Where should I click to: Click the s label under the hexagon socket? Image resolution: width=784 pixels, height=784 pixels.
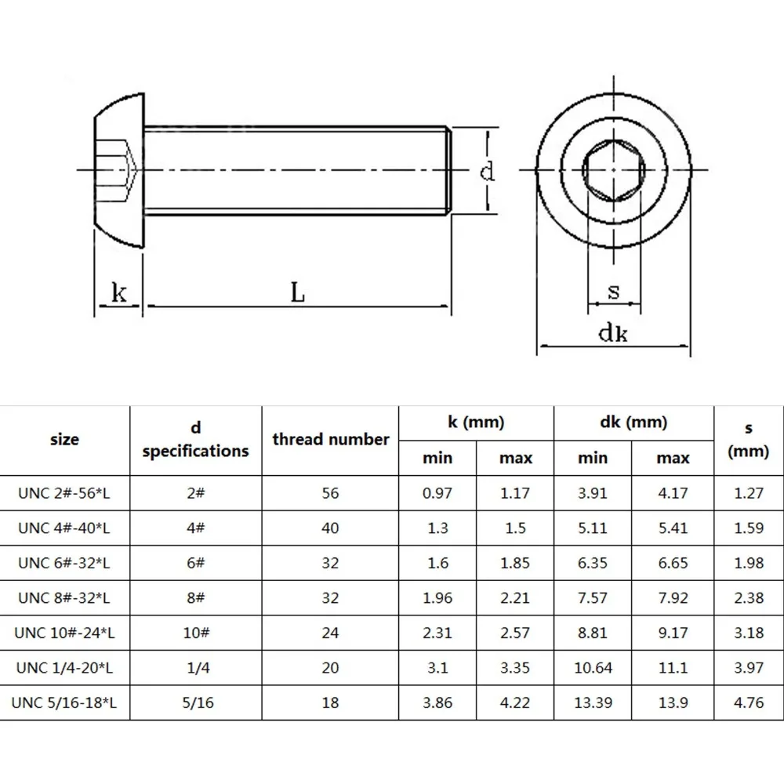(x=614, y=292)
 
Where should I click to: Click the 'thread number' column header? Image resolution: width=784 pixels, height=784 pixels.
(x=330, y=439)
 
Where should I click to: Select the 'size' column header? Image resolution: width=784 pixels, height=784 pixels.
(x=64, y=440)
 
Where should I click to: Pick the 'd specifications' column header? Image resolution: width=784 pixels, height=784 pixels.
(x=196, y=439)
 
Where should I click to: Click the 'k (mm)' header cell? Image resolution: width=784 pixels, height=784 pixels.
(x=476, y=423)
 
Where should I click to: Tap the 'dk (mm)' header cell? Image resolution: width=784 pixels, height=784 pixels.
(x=633, y=423)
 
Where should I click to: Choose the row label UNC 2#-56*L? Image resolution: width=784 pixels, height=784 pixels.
(x=64, y=493)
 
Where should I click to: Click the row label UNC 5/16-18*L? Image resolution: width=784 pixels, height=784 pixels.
(x=64, y=703)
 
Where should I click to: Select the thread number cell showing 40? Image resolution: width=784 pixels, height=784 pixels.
(x=330, y=528)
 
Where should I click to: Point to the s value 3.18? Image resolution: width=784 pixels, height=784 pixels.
(x=748, y=633)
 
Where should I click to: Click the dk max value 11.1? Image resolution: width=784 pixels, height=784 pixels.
(x=673, y=668)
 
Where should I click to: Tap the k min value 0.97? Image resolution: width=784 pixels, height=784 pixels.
(x=437, y=493)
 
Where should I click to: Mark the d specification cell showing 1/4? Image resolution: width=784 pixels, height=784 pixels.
(x=196, y=668)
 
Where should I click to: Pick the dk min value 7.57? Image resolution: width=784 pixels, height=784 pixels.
(x=593, y=598)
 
